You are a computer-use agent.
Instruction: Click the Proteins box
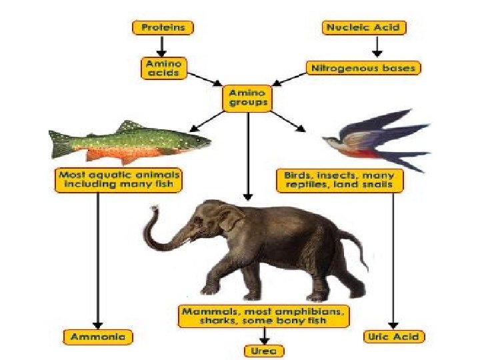[x=163, y=28]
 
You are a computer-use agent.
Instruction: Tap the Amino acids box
[x=163, y=67]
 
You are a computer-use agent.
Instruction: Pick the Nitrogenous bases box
[x=363, y=68]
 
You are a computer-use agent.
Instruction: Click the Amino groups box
[x=248, y=98]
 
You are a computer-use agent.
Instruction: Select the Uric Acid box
[x=395, y=336]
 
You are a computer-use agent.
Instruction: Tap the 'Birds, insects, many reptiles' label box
[x=339, y=179]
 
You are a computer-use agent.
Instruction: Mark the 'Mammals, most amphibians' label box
[x=263, y=316]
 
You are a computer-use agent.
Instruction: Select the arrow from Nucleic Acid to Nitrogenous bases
[x=377, y=47]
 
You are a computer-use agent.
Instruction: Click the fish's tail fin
[x=60, y=143]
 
